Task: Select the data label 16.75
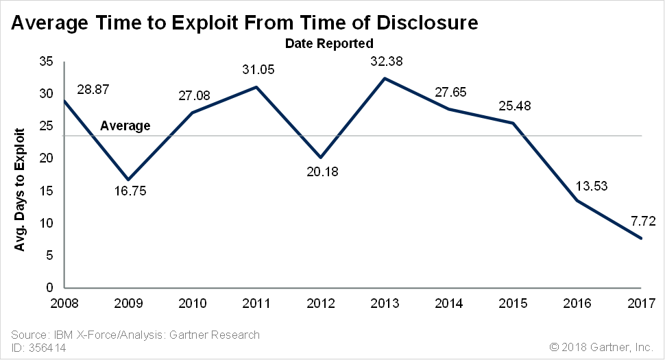pos(130,191)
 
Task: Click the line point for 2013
pos(385,78)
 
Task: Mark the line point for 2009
pos(128,180)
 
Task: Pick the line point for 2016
pos(577,200)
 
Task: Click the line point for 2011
pos(256,87)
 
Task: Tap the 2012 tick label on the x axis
pos(321,302)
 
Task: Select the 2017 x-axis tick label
pos(642,302)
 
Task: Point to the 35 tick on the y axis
pos(47,62)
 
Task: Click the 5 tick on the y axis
pos(50,256)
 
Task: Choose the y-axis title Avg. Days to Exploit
pos(21,180)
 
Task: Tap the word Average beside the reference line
pos(125,125)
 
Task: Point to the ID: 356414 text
pos(39,348)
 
